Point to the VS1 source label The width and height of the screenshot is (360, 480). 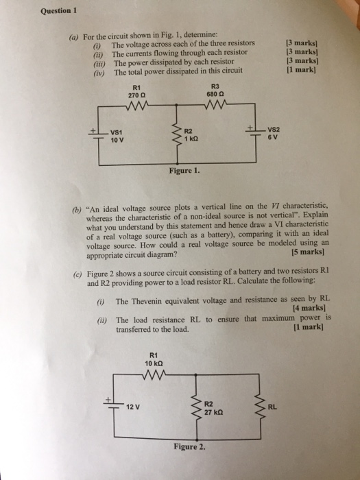click(118, 132)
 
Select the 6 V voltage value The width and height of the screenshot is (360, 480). click(272, 136)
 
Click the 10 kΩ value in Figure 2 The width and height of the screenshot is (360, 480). click(154, 362)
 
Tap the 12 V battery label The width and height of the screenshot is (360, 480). click(133, 407)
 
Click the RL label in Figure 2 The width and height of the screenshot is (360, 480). click(273, 406)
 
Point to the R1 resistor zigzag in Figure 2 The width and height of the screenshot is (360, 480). click(154, 374)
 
